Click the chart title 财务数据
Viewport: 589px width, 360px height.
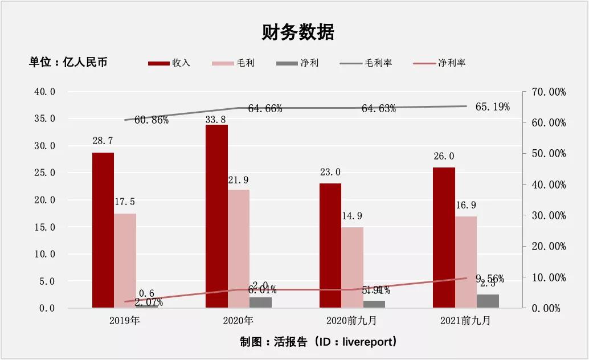click(298, 32)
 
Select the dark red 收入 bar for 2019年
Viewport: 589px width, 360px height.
click(103, 230)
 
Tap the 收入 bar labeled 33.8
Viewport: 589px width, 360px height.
click(216, 216)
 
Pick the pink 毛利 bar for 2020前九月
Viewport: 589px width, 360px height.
click(352, 268)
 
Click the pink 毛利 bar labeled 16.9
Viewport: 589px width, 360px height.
click(465, 262)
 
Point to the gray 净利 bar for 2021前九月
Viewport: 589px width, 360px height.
click(488, 301)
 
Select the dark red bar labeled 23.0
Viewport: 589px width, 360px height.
click(330, 246)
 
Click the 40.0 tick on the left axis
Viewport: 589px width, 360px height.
click(44, 92)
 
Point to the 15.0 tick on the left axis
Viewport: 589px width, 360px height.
click(44, 227)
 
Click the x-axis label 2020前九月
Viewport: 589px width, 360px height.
click(352, 321)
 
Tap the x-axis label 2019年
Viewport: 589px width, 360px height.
click(125, 321)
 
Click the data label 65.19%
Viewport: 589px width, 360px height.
click(492, 107)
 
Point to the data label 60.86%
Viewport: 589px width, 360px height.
click(152, 120)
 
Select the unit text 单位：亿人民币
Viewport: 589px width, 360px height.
click(68, 62)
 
